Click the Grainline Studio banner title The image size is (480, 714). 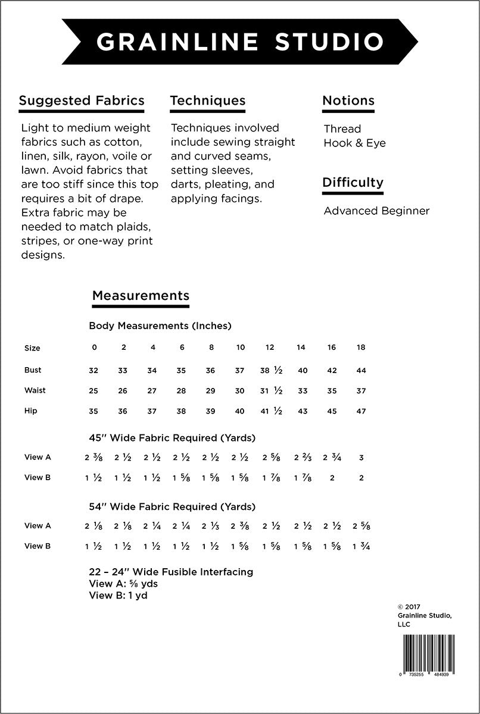pyautogui.click(x=240, y=42)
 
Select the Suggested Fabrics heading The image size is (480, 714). pyautogui.click(x=82, y=100)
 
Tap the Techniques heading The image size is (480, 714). pyautogui.click(x=207, y=100)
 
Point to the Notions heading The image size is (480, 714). pyautogui.click(x=348, y=100)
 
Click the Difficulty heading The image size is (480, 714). pyautogui.click(x=353, y=182)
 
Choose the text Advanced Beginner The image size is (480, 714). pyautogui.click(x=376, y=211)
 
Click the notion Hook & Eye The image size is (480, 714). pyautogui.click(x=354, y=143)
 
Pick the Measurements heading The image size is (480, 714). pyautogui.click(x=141, y=295)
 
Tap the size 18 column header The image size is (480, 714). pyautogui.click(x=361, y=347)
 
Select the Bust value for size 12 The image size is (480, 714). pyautogui.click(x=271, y=370)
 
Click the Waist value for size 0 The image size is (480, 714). pyautogui.click(x=93, y=391)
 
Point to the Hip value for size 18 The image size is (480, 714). pyautogui.click(x=361, y=411)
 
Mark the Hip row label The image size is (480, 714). pyautogui.click(x=31, y=411)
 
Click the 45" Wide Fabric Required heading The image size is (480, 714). pyautogui.click(x=172, y=438)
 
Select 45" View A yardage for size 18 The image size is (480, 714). pyautogui.click(x=361, y=458)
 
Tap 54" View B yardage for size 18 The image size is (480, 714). pyautogui.click(x=361, y=546)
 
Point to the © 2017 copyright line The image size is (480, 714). pyautogui.click(x=408, y=607)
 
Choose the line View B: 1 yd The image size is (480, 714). pyautogui.click(x=118, y=595)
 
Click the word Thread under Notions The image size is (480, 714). pyautogui.click(x=342, y=129)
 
